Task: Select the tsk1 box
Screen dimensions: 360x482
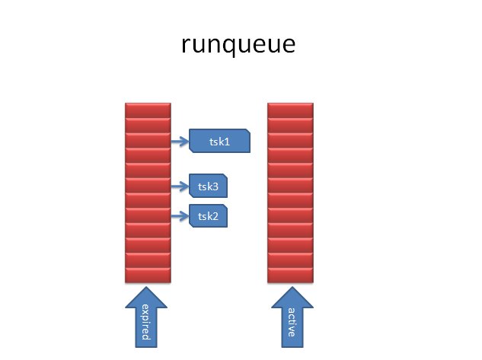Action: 219,141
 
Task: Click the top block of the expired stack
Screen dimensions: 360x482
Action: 148,110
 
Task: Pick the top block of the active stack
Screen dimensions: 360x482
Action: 291,110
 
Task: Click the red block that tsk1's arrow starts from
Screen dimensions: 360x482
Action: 148,141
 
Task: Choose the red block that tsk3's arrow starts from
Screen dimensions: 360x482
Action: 148,186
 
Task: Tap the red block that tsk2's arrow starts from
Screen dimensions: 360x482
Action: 148,215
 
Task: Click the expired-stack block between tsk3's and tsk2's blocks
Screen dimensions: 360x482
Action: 148,200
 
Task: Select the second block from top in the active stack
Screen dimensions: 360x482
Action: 291,126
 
